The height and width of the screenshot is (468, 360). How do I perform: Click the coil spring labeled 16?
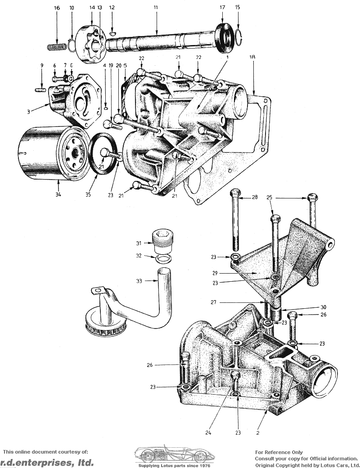57,47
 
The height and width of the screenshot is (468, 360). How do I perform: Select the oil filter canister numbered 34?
54,153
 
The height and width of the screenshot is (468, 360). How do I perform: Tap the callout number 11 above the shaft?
156,7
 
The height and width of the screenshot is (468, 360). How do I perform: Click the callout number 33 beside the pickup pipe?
139,281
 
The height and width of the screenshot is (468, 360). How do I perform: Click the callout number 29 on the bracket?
215,273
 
